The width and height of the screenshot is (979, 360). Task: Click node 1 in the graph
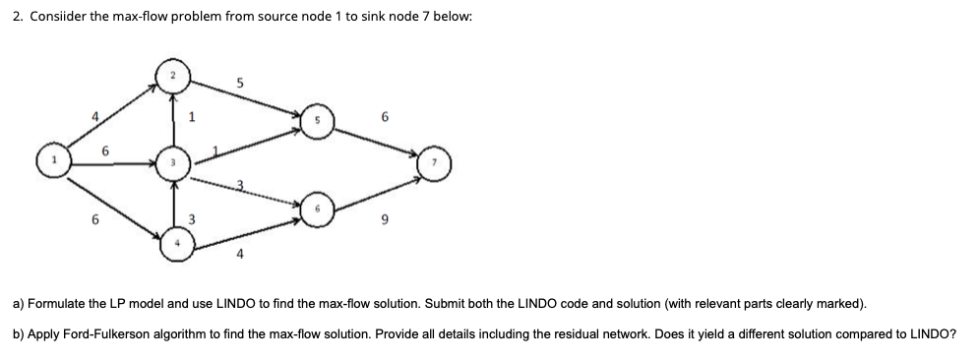click(x=53, y=160)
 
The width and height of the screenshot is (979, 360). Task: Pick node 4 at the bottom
click(x=177, y=244)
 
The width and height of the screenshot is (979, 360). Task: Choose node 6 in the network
click(x=318, y=209)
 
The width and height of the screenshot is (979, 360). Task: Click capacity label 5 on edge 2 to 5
click(x=240, y=85)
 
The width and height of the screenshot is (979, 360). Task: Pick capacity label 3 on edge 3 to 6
click(x=238, y=184)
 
